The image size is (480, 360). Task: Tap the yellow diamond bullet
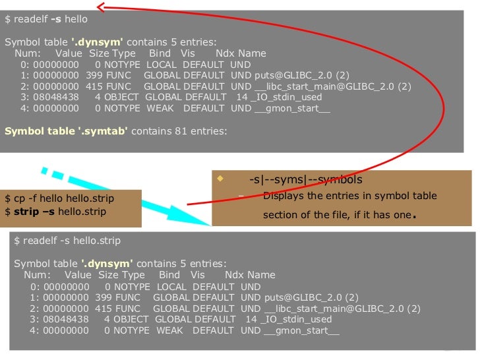click(220, 179)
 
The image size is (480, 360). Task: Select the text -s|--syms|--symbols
click(305, 179)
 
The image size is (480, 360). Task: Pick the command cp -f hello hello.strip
click(59, 198)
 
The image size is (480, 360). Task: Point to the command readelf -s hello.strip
click(67, 241)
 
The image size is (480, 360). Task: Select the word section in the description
click(280, 215)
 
